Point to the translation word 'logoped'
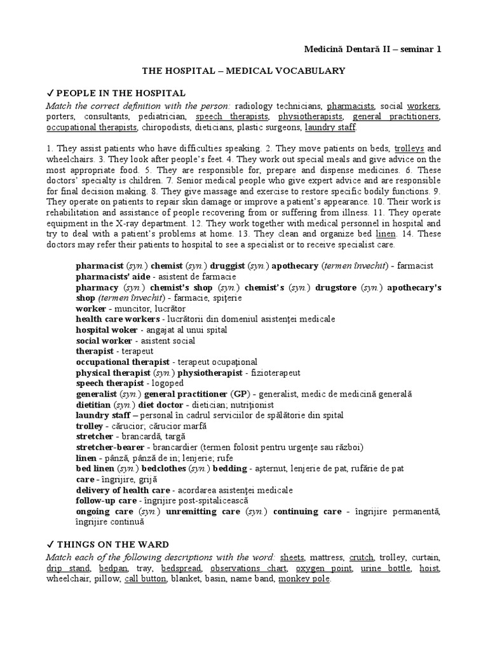point(168,383)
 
